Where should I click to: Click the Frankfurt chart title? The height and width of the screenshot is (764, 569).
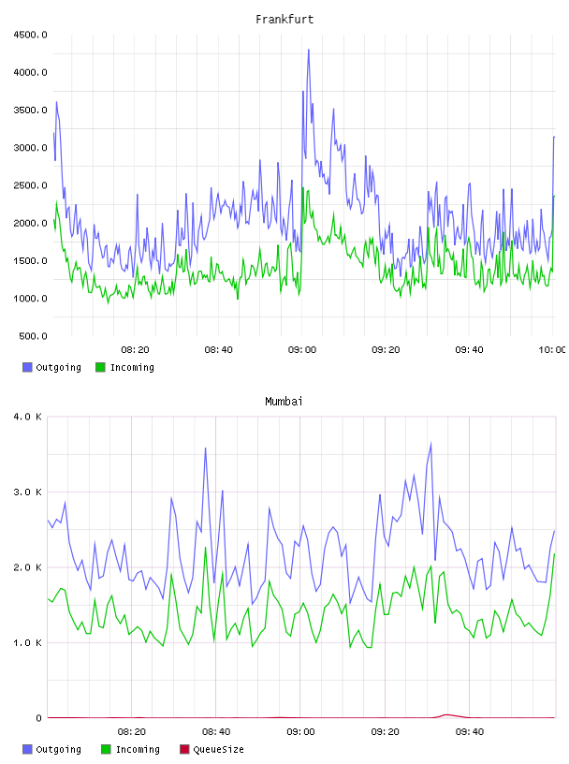[284, 19]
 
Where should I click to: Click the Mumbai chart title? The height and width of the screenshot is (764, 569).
[284, 401]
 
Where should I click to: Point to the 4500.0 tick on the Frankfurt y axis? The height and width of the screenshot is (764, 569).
[30, 35]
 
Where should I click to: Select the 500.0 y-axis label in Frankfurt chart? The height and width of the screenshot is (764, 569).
[33, 336]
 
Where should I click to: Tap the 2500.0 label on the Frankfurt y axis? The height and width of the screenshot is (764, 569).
[30, 185]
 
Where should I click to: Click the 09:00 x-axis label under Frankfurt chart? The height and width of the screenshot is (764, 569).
[302, 350]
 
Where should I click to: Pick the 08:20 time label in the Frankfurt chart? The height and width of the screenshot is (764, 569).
[135, 350]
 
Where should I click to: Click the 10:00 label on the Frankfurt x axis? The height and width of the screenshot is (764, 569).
[552, 350]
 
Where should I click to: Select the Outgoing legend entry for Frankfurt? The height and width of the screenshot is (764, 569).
[51, 367]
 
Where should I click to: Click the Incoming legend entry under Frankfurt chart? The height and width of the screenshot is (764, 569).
[125, 367]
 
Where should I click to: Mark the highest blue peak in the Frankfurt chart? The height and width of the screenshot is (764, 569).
[309, 50]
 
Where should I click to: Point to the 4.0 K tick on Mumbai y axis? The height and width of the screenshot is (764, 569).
[27, 417]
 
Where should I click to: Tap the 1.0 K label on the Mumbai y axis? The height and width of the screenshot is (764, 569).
[27, 642]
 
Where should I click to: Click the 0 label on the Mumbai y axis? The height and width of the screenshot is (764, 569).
[38, 718]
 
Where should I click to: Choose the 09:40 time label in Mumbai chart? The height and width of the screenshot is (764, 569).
[470, 732]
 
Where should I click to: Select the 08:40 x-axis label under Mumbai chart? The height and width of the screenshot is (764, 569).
[216, 732]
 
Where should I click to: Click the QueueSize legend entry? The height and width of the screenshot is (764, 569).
[212, 749]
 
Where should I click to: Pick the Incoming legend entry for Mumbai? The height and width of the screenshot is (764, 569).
[131, 749]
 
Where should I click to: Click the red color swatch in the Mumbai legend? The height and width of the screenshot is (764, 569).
[184, 749]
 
